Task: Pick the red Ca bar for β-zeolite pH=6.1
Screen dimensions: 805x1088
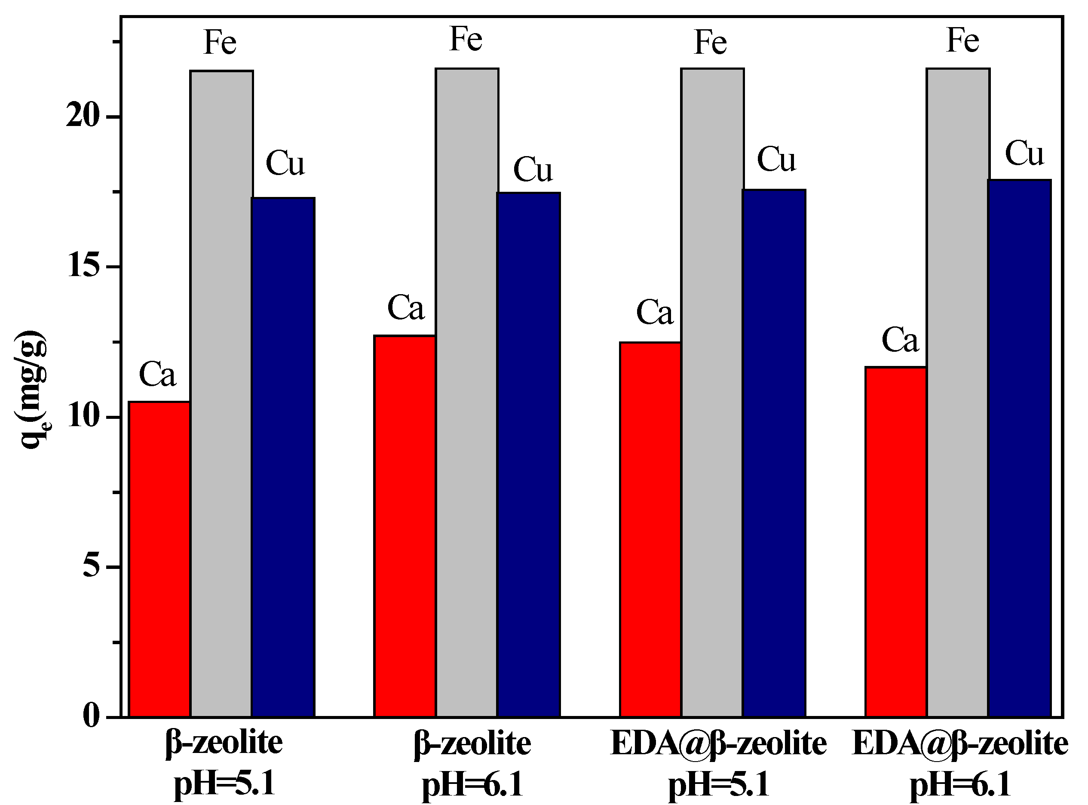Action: coord(405,526)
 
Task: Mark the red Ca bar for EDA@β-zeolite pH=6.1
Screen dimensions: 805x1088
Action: coord(896,541)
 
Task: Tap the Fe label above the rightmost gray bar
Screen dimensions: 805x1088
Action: coord(962,40)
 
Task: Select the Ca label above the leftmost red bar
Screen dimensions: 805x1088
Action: coord(157,375)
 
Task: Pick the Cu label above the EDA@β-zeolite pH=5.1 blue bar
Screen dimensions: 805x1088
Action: coord(776,160)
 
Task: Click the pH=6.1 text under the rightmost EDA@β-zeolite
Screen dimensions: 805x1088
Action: coord(960,786)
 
